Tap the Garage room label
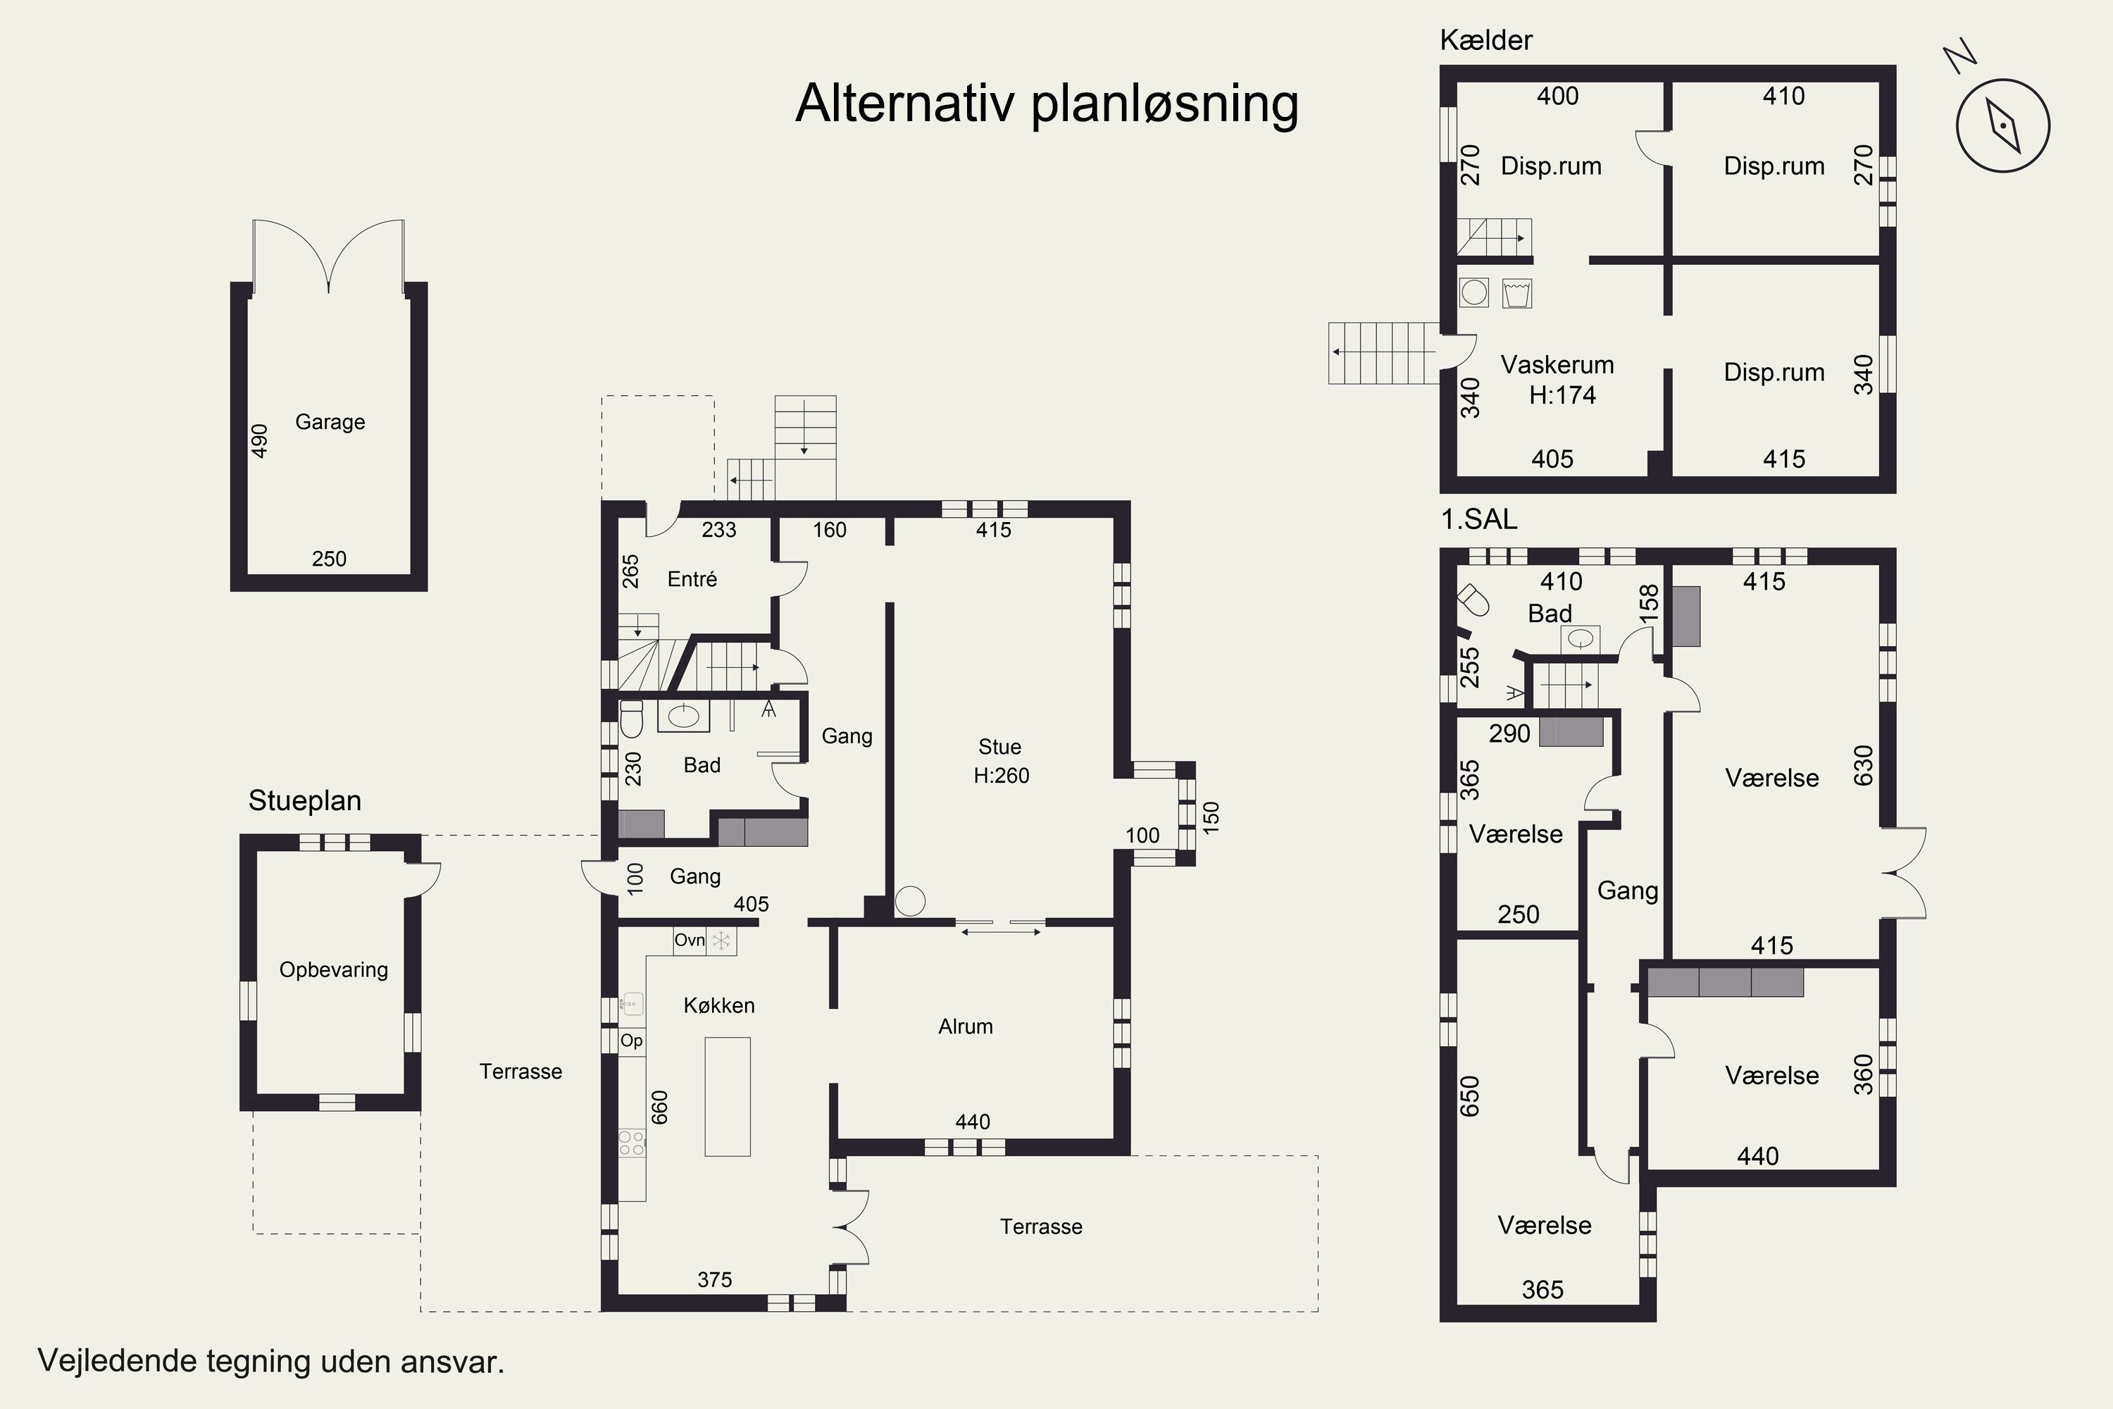click(330, 421)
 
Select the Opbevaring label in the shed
click(333, 969)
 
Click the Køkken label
click(718, 1005)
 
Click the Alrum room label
click(966, 1026)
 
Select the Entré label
click(692, 578)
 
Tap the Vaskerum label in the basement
click(1557, 365)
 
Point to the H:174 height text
click(1562, 395)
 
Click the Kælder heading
click(1486, 39)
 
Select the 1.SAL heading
click(1478, 519)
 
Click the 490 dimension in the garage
click(258, 440)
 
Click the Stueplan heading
click(304, 800)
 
